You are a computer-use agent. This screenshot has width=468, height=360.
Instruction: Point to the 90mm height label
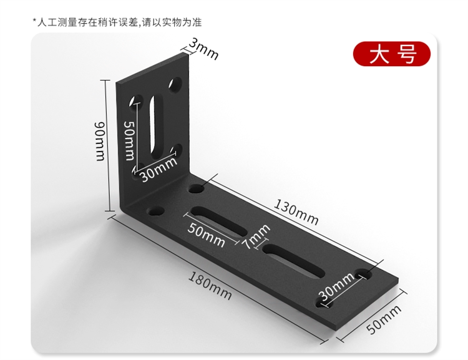pos(100,140)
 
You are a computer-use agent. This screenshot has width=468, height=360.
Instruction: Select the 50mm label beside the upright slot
pos(129,140)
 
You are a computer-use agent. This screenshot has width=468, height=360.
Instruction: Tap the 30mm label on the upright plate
pos(158,169)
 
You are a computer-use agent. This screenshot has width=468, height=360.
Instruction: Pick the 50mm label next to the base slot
pos(207,236)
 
